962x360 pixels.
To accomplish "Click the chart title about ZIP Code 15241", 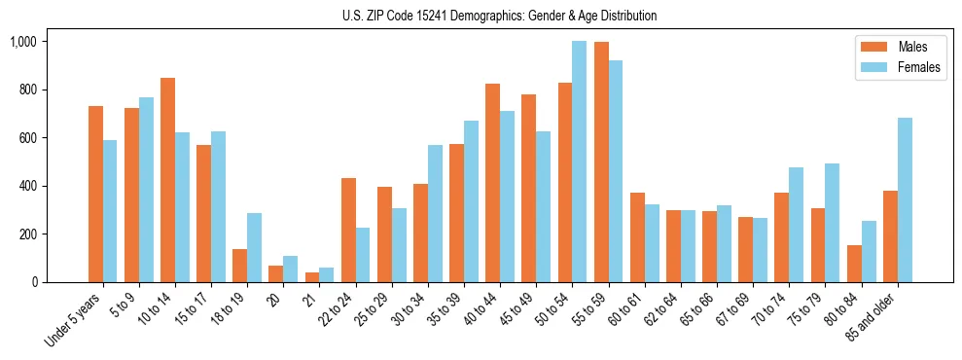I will click(499, 16).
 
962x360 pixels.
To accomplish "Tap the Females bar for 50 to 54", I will click(579, 162).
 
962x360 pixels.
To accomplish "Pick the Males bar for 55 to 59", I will click(600, 162).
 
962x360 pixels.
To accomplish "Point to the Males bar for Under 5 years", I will click(95, 195).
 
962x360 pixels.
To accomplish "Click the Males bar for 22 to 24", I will click(347, 231).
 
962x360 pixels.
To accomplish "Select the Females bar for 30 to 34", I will click(435, 214).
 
